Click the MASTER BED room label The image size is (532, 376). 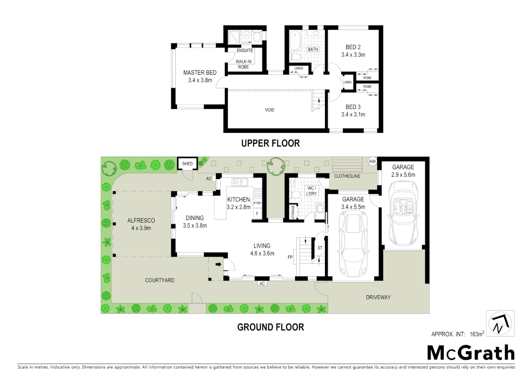coord(200,73)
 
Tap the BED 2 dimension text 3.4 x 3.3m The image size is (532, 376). coord(353,55)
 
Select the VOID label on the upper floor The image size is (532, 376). coord(269,110)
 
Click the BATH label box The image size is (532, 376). coord(313,49)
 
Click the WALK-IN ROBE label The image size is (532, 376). coord(243,64)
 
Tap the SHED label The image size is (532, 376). coord(187,164)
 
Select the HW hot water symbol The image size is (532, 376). coord(373,162)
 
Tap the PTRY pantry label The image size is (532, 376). coord(257,203)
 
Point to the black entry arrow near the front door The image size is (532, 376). coord(218,264)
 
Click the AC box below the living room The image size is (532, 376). coord(262,283)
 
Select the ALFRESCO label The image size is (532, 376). coord(141,220)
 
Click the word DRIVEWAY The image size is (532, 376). coord(378,297)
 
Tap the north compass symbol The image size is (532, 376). coord(500,323)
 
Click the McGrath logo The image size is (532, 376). coord(471,353)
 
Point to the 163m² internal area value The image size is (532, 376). coord(477,334)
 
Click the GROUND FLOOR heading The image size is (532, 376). coord(271,327)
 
